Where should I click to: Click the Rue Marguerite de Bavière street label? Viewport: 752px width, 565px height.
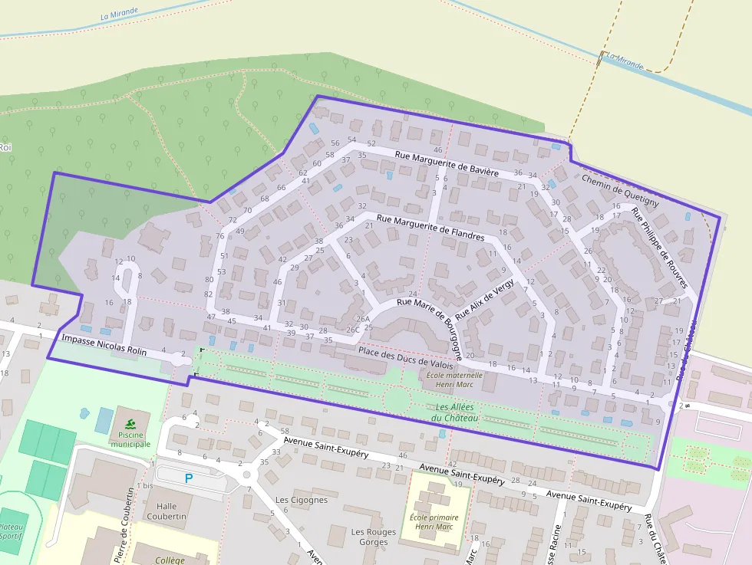(447, 165)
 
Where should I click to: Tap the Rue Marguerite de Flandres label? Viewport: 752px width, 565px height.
(430, 228)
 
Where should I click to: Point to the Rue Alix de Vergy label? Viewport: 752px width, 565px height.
(484, 300)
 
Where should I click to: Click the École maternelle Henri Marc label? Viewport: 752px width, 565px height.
(454, 379)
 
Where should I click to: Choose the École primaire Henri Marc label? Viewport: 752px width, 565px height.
(430, 521)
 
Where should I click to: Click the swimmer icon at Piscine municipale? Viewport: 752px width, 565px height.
(130, 424)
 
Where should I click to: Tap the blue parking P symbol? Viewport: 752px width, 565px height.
(189, 478)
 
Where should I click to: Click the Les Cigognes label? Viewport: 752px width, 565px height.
(302, 500)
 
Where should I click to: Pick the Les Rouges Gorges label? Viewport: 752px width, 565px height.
(373, 537)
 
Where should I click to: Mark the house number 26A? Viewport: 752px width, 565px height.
(363, 319)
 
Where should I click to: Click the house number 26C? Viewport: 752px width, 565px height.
(353, 330)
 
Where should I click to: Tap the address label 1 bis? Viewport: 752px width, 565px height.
(144, 486)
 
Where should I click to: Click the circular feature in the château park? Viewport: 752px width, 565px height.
(397, 399)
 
